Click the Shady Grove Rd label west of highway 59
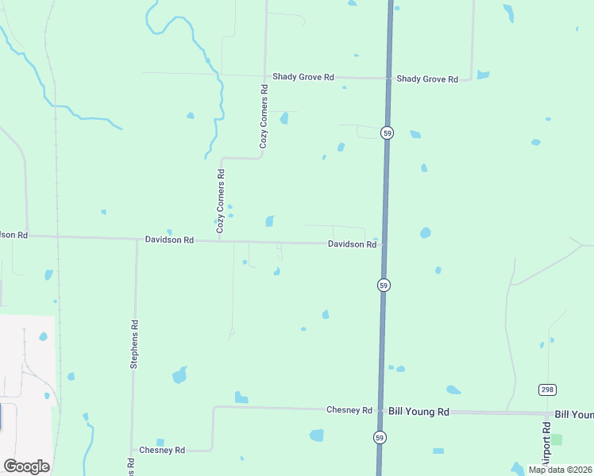(x=303, y=77)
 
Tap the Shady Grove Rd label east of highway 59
(x=427, y=79)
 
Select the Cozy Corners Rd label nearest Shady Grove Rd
(x=264, y=117)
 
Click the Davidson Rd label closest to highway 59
(x=352, y=244)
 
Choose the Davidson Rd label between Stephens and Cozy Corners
(x=169, y=239)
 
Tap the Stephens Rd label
(x=134, y=344)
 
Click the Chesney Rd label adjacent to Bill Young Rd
(x=349, y=409)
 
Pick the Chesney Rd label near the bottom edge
(x=162, y=450)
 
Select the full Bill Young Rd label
(x=419, y=412)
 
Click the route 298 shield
(x=547, y=390)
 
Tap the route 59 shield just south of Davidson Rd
(x=383, y=285)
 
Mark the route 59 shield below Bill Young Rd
(x=380, y=437)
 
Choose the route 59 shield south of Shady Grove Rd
(x=386, y=132)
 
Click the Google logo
(x=26, y=466)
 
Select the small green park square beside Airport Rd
(x=557, y=440)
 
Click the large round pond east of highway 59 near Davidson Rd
(x=426, y=233)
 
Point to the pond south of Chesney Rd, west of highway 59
(x=317, y=435)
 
